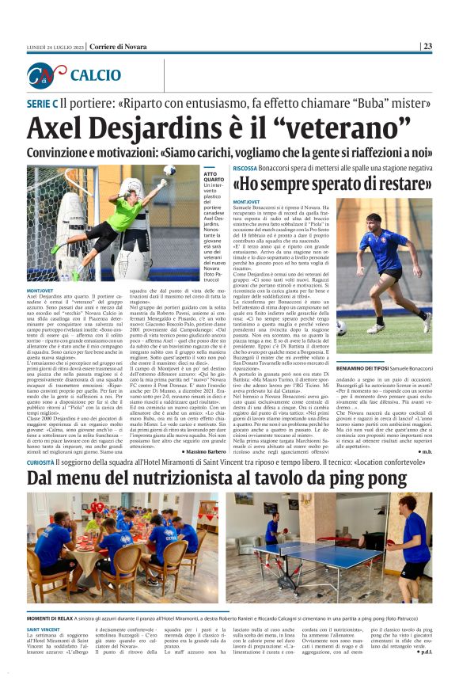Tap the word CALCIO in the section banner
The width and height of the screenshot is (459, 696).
pos(95,76)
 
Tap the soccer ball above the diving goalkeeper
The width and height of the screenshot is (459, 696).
pos(169,170)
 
